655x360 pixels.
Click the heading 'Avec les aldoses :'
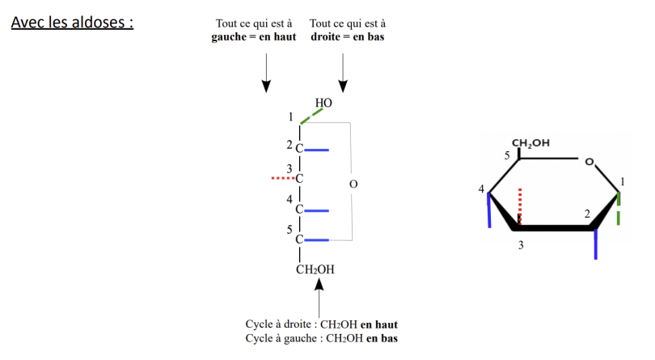pos(72,22)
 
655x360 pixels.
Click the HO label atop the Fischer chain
pos(323,103)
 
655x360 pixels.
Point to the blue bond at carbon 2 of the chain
pos(317,149)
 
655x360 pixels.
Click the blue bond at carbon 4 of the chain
pos(317,210)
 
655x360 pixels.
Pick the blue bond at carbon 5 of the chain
pos(317,239)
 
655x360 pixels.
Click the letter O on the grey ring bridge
pos(353,184)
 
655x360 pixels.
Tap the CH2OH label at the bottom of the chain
pos(315,269)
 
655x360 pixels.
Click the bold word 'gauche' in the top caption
pos(229,37)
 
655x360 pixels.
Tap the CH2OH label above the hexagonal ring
pos(530,143)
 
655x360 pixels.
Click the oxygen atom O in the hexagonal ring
pos(589,163)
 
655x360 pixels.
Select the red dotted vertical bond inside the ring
pos(520,206)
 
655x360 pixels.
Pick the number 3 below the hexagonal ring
pos(521,245)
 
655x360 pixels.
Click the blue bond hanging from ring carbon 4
pos(489,212)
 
